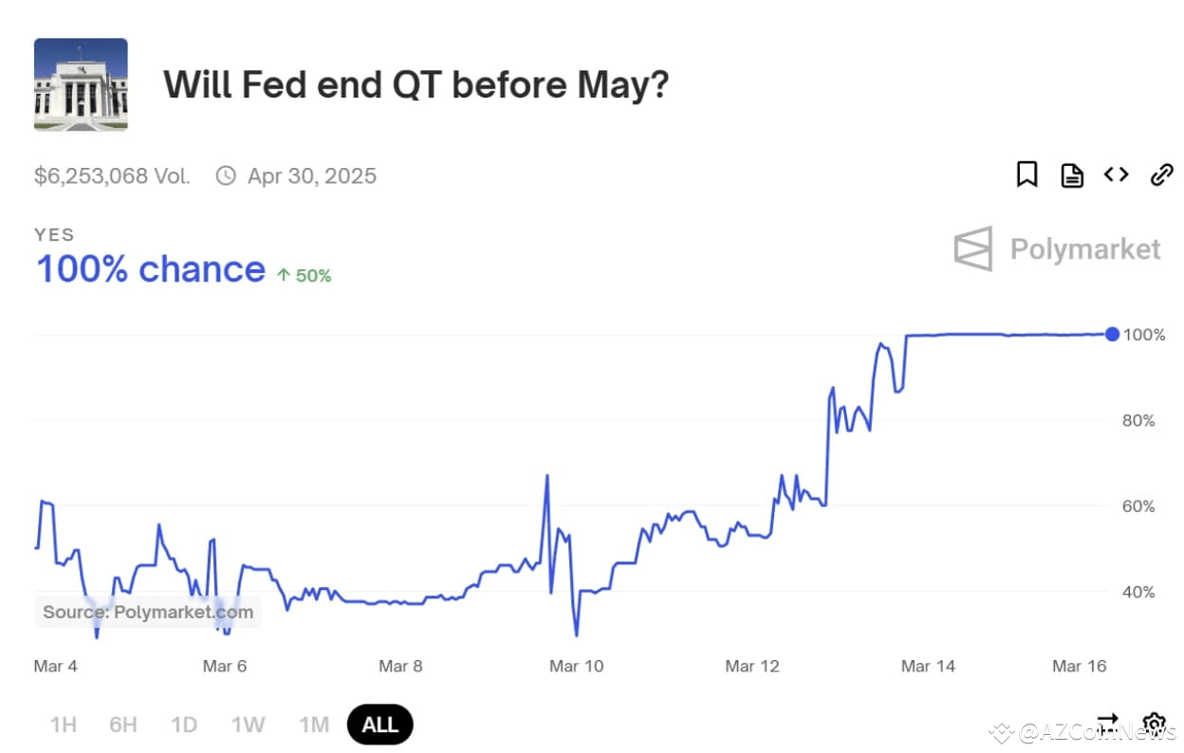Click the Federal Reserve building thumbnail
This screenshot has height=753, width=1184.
tap(81, 84)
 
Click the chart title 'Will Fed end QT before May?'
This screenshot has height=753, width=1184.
tap(416, 84)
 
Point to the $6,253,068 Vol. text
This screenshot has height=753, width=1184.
tap(112, 175)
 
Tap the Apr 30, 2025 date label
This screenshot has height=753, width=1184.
tap(311, 175)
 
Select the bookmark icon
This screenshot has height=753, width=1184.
tap(1027, 174)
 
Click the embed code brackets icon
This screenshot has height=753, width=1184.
tap(1116, 174)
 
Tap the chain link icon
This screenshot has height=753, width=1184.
tap(1161, 174)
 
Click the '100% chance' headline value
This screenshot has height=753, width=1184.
tap(150, 269)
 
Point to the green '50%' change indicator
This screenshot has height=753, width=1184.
tap(304, 276)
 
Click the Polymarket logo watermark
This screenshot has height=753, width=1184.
tap(1057, 248)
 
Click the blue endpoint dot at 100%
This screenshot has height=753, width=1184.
tap(1112, 334)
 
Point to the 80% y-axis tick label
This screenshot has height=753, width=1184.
tap(1138, 420)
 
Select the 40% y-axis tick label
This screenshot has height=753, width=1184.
tap(1138, 592)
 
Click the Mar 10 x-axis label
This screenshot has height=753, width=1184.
tap(576, 666)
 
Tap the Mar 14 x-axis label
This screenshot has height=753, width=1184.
tap(928, 666)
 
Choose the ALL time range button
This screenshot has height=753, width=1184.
tap(380, 725)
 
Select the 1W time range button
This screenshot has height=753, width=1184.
tap(248, 725)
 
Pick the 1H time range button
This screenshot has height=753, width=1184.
tap(63, 725)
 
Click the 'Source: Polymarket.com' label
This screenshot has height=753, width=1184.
tap(148, 612)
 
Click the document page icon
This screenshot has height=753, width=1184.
tap(1072, 174)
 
